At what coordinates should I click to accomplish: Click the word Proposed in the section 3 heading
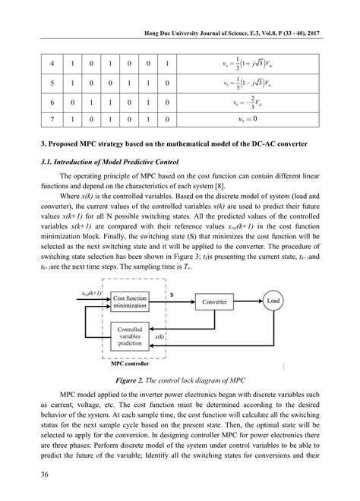click(58, 143)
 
